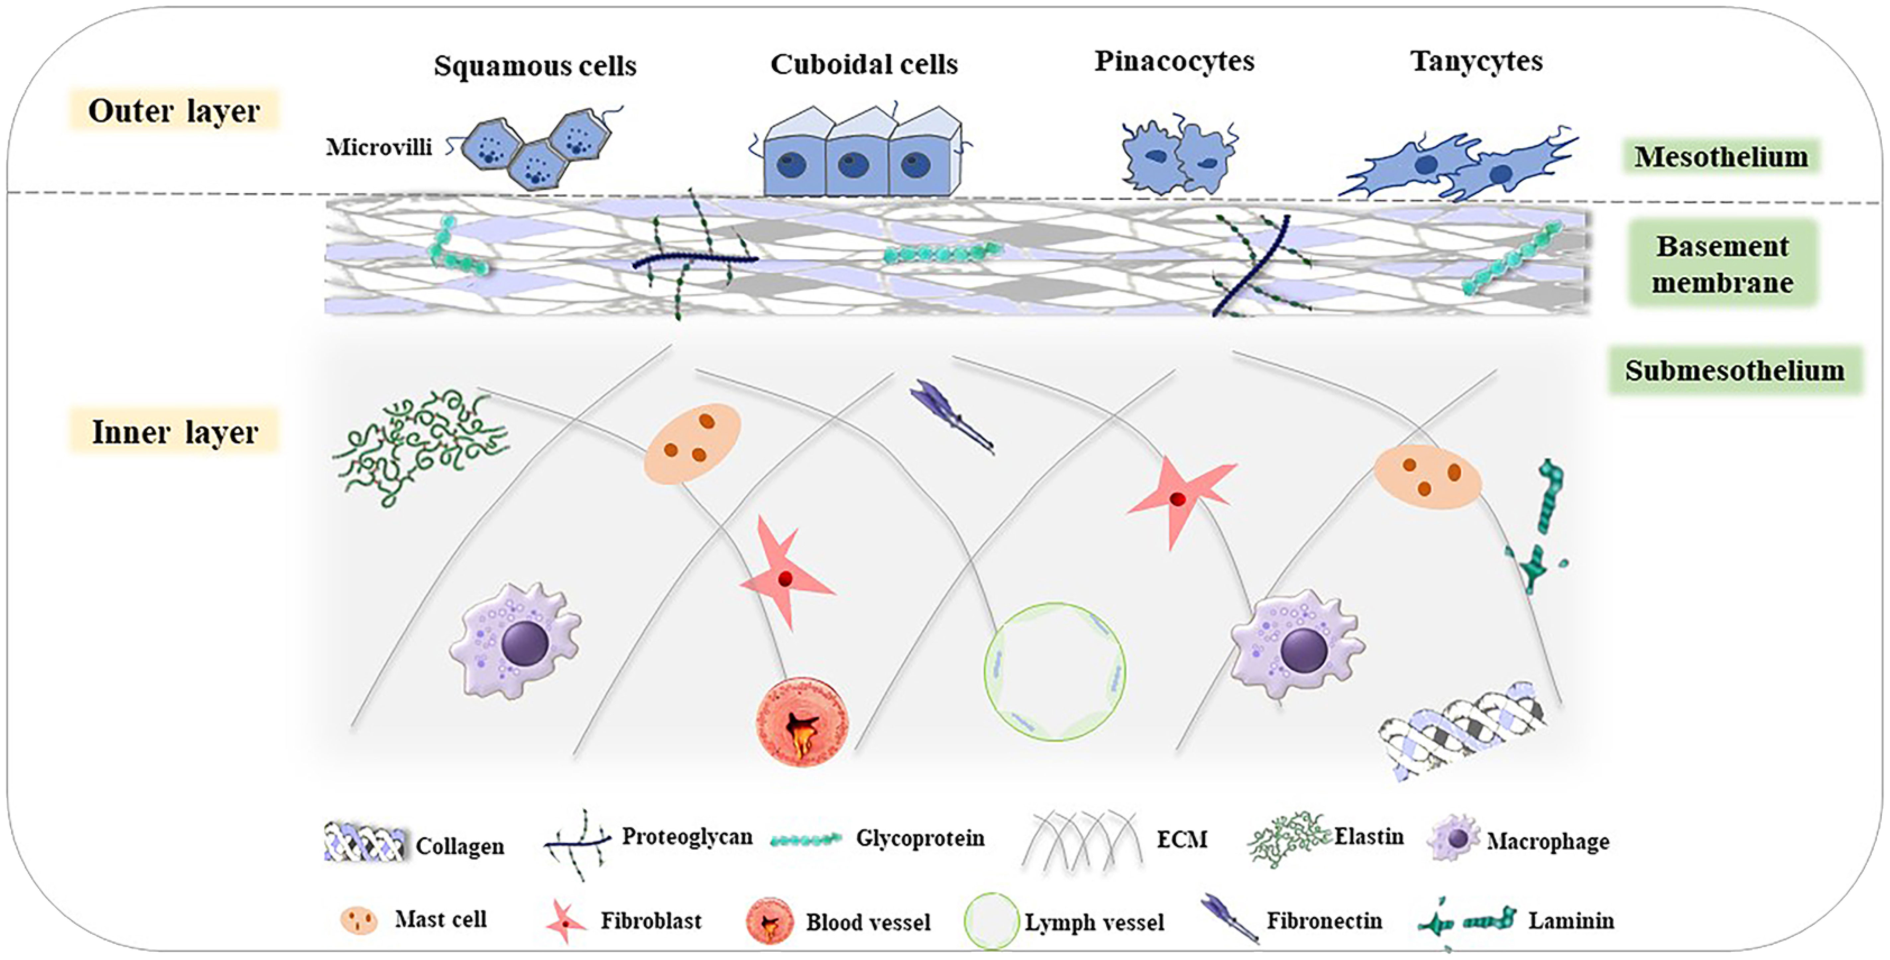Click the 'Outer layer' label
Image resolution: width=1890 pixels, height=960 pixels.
tap(174, 111)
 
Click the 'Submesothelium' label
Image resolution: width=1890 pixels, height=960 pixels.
tap(1734, 371)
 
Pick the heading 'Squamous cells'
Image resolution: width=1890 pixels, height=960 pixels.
tap(535, 66)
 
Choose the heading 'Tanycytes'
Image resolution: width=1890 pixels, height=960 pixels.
tap(1476, 61)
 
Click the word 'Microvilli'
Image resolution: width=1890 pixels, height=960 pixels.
tap(378, 147)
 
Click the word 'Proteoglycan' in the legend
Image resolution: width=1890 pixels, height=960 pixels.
tap(687, 837)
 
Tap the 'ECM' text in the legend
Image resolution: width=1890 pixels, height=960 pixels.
tap(1181, 839)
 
